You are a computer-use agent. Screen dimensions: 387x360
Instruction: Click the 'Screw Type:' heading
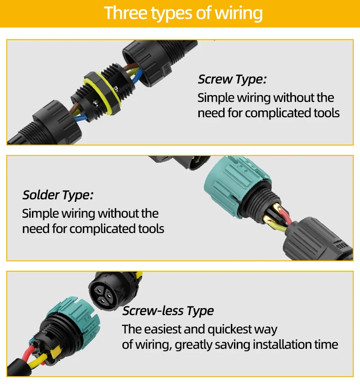point(232,80)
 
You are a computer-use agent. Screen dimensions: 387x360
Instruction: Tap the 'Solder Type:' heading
point(58,195)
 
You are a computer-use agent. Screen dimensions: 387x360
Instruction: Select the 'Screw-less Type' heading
point(168,311)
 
